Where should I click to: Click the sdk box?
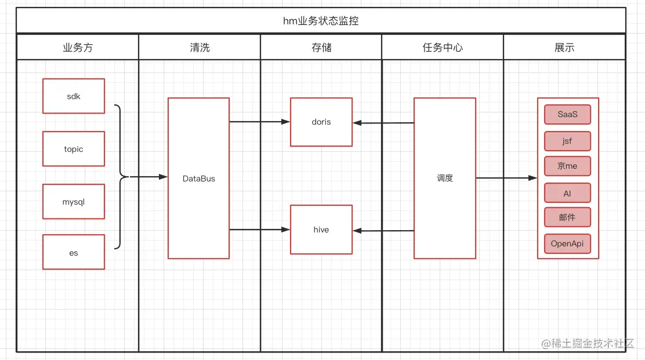(74, 96)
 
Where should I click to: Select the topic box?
(74, 149)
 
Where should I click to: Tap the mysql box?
(74, 202)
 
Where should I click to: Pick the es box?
(74, 252)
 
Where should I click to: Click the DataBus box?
(198, 179)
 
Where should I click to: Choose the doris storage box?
(321, 122)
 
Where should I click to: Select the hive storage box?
(321, 230)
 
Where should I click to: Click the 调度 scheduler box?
(444, 179)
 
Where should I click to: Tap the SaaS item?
(567, 114)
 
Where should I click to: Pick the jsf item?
(567, 141)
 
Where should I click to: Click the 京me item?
(567, 166)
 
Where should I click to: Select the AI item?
(567, 193)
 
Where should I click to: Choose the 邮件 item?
(567, 217)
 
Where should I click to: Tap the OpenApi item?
(567, 243)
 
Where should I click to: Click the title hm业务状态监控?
(321, 21)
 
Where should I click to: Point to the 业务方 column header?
(78, 48)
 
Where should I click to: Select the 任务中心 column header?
(443, 48)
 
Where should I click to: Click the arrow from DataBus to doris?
(259, 122)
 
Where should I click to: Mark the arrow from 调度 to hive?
(383, 231)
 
